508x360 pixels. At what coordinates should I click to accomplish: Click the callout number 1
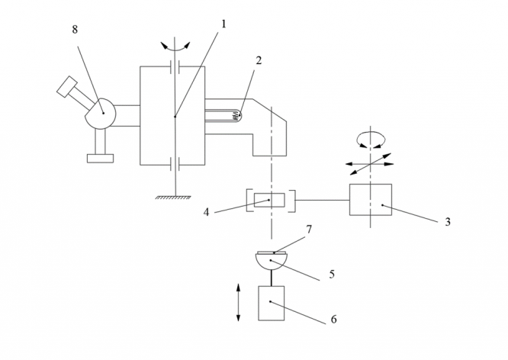(x=223, y=24)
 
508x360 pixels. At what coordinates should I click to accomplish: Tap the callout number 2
(x=259, y=59)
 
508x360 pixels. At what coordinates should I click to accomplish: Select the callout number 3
(x=448, y=223)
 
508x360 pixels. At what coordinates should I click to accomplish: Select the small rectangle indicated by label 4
(x=270, y=201)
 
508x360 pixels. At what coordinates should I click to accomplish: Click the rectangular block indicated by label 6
(x=271, y=303)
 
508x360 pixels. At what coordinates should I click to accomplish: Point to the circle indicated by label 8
(x=100, y=113)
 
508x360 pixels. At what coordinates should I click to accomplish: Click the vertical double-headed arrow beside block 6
(x=239, y=303)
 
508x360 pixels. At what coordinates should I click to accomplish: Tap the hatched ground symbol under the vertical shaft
(x=174, y=198)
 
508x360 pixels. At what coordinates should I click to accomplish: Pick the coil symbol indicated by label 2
(x=236, y=116)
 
